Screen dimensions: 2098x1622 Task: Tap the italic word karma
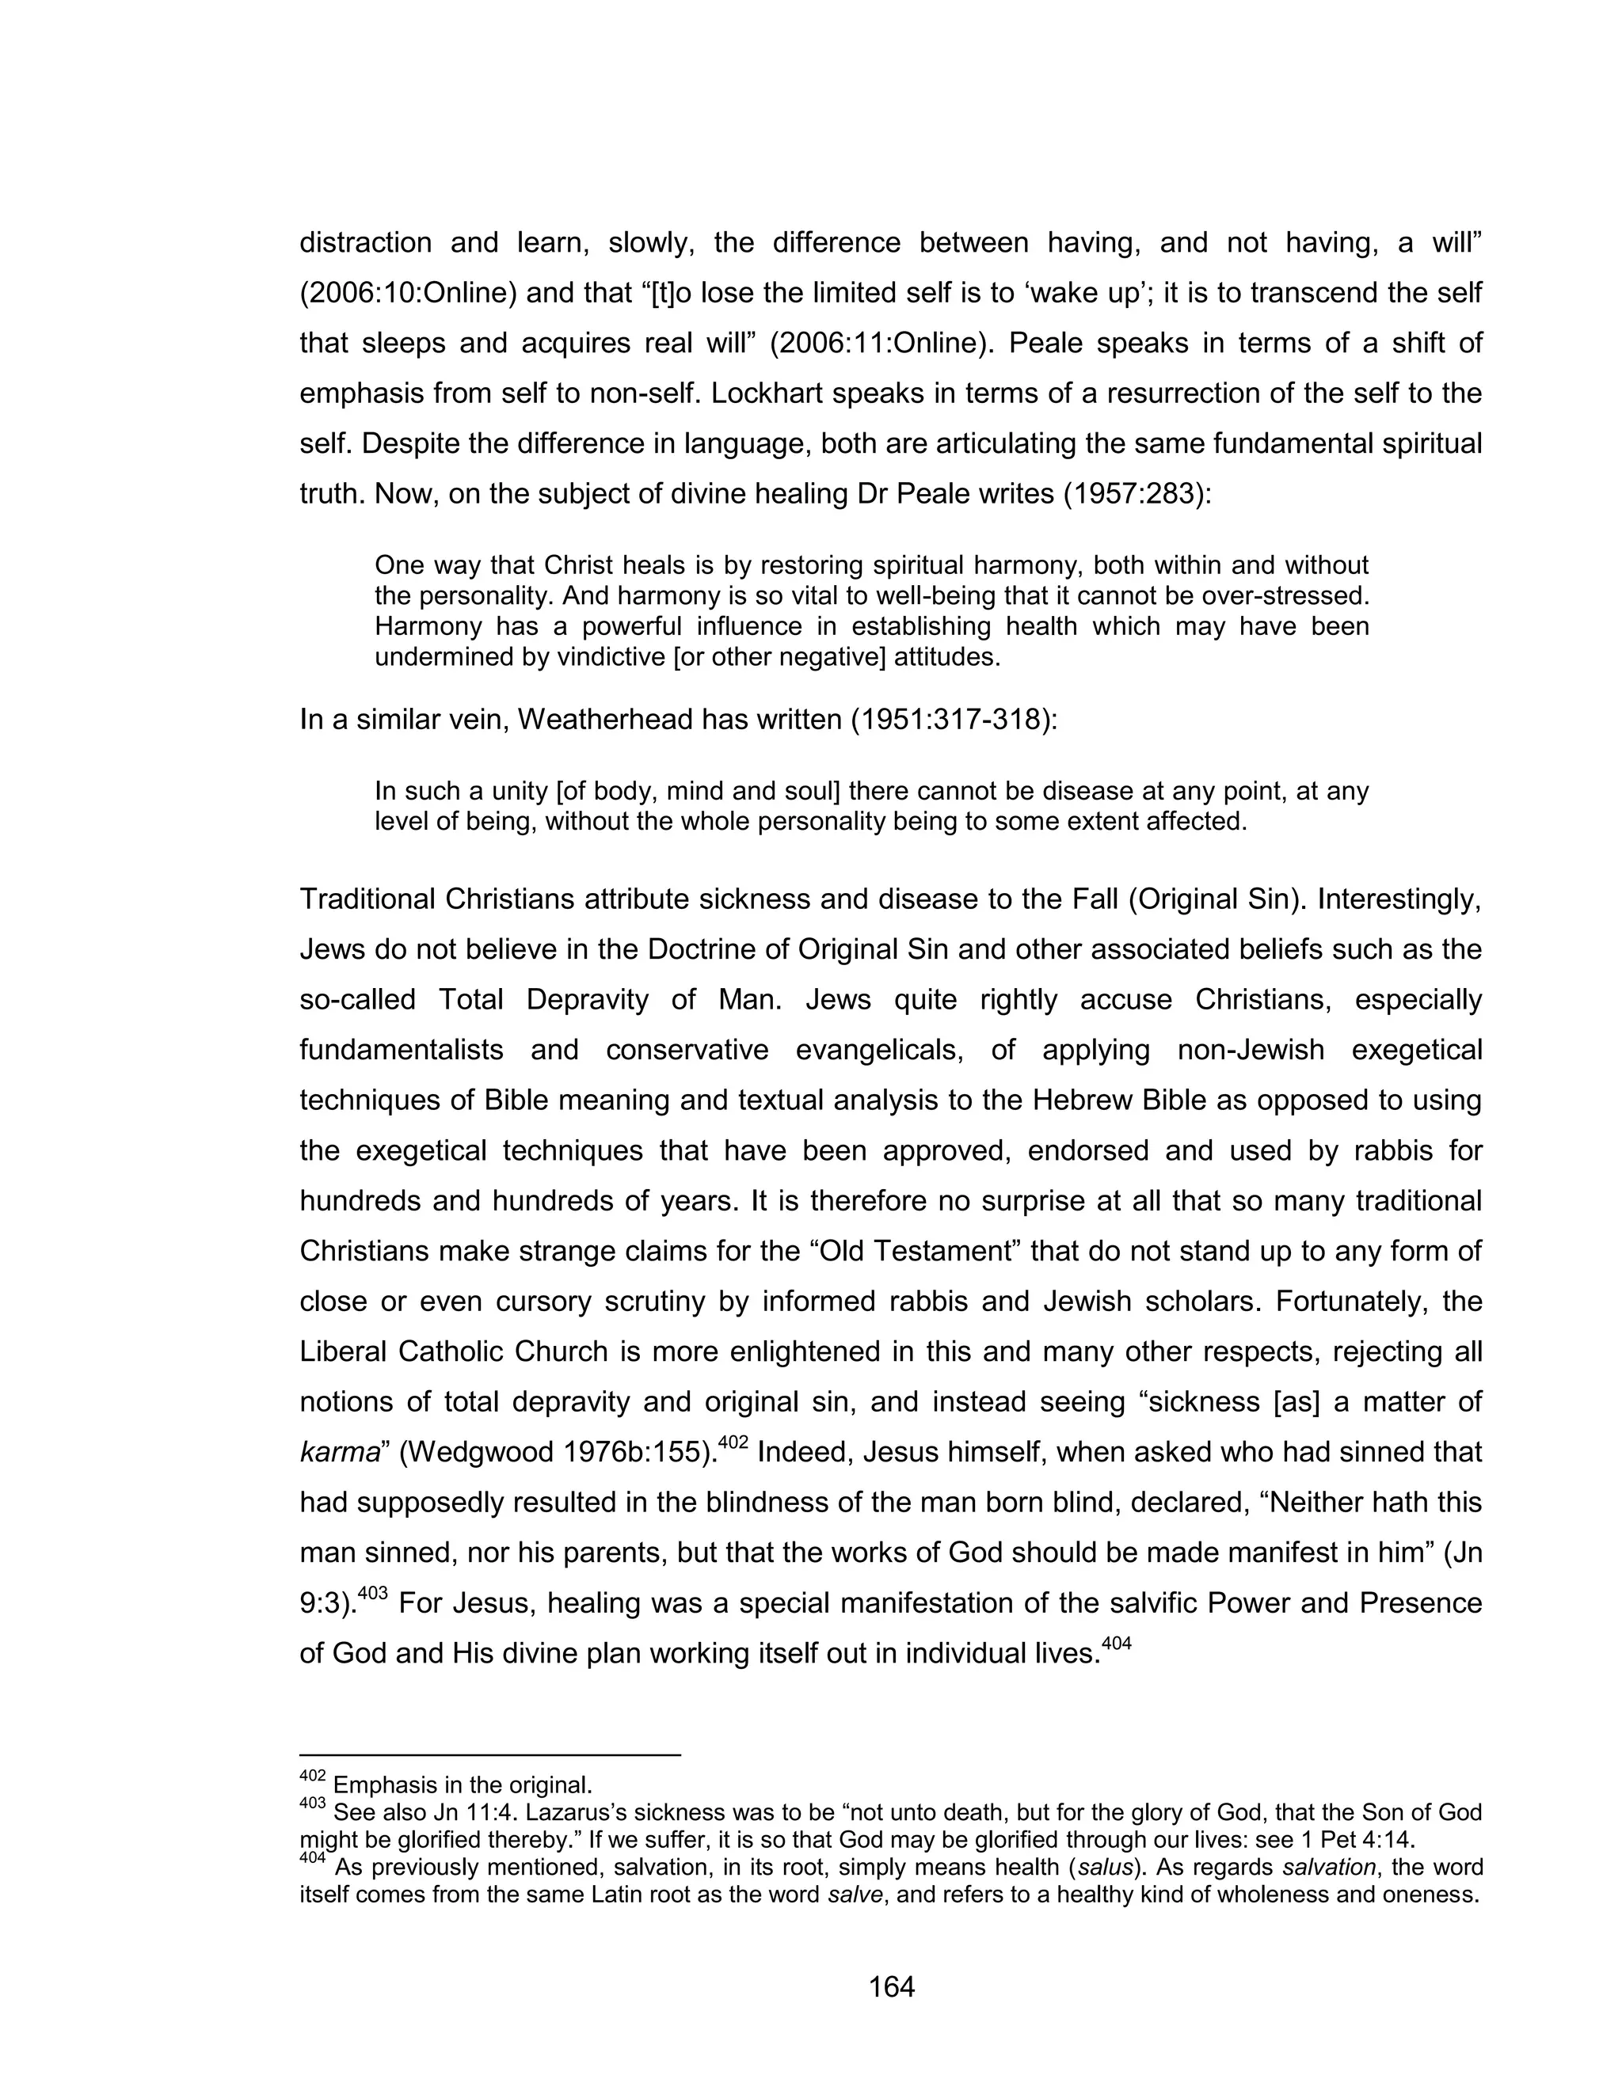click(339, 1453)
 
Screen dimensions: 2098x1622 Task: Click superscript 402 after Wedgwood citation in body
click(733, 1442)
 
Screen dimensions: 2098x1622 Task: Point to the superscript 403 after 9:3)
click(372, 1593)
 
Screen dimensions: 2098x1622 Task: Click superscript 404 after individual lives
click(1116, 1643)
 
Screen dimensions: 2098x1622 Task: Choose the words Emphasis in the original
click(463, 1786)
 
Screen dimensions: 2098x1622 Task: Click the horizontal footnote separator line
click(490, 1755)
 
